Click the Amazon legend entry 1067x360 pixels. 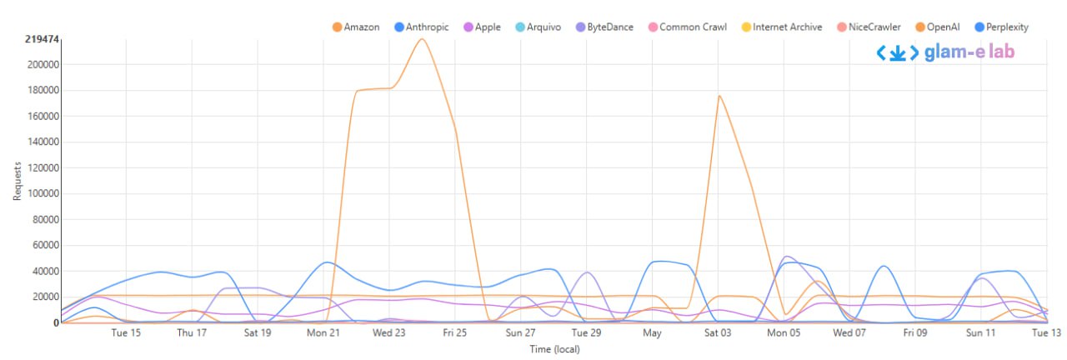coord(356,27)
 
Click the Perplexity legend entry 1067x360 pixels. coord(997,27)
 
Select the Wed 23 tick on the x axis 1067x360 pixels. coord(389,333)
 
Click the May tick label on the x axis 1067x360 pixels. coord(652,333)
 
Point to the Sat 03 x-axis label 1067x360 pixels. coord(718,333)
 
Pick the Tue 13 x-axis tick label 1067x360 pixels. coord(1046,333)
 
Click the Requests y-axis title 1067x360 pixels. coord(17,181)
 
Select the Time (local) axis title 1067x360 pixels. coord(554,349)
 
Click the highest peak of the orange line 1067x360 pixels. coord(422,38)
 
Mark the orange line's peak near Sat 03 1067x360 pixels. coord(719,95)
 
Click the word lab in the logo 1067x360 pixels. coord(999,52)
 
